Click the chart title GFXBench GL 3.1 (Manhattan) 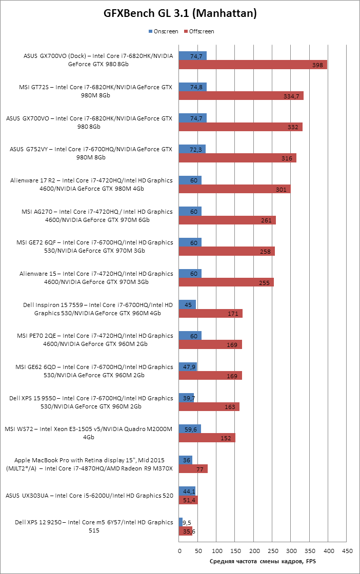click(x=180, y=13)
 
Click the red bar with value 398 click(x=253, y=65)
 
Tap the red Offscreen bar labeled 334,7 click(x=241, y=96)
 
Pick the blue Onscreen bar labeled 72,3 click(x=192, y=149)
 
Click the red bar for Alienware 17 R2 click(x=235, y=189)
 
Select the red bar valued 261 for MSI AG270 click(x=227, y=220)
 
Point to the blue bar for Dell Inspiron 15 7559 click(x=187, y=304)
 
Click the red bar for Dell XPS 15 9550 click(x=209, y=407)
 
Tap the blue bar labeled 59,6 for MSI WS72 click(x=190, y=429)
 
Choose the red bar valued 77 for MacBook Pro click(x=193, y=469)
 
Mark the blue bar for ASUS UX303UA click(x=187, y=491)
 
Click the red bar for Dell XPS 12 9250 click(x=186, y=531)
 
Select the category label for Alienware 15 click(x=96, y=278)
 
